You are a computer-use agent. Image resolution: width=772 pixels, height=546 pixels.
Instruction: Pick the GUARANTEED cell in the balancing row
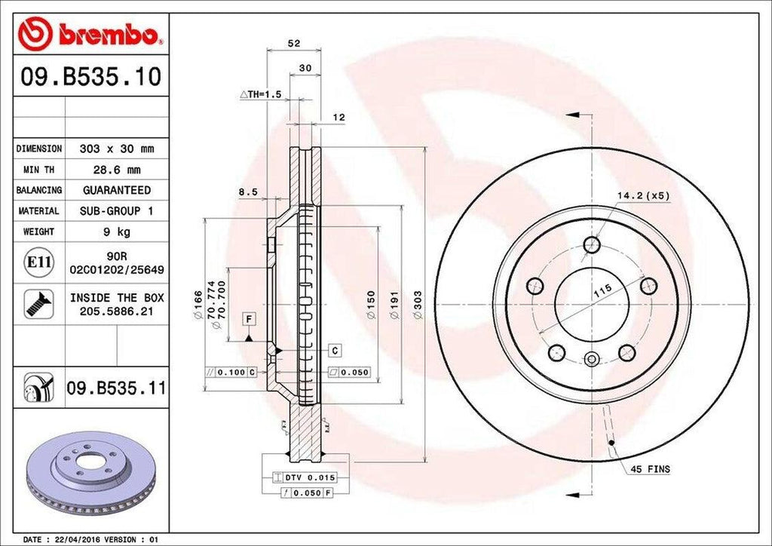[117, 191]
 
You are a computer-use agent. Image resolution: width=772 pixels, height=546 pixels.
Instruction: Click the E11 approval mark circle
[38, 262]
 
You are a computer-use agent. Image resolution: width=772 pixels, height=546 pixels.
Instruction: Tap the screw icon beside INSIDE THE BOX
[38, 303]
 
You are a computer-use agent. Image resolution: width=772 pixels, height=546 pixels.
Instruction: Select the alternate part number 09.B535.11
[117, 388]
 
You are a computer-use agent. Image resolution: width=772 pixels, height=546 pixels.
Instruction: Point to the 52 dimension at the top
[294, 44]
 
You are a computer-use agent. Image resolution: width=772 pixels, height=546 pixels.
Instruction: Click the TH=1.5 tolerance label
[260, 94]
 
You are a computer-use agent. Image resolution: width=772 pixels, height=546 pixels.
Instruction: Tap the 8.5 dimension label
[248, 192]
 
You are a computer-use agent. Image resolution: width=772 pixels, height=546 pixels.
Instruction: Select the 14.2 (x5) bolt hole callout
[643, 195]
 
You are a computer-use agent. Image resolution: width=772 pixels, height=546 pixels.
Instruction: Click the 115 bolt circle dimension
[602, 291]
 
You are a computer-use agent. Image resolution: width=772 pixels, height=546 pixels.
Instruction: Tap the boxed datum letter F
[247, 319]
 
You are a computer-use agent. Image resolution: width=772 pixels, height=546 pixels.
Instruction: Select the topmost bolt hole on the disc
[592, 244]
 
